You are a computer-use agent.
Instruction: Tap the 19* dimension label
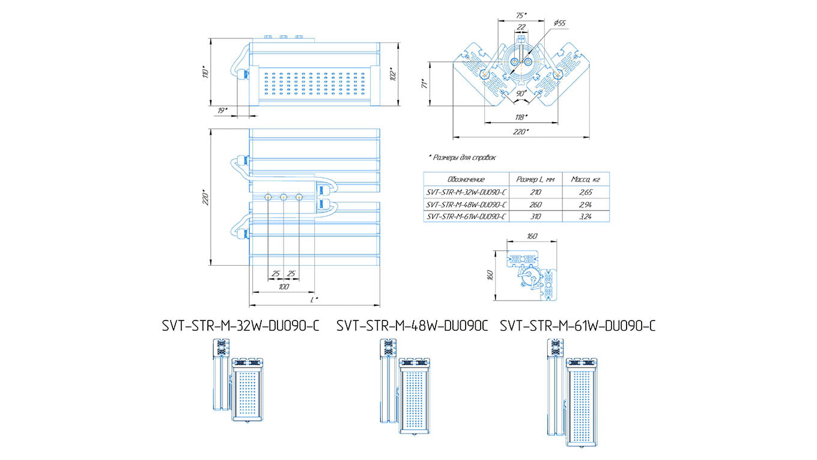[x=222, y=111]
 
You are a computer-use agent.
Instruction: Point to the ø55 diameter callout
[x=559, y=23]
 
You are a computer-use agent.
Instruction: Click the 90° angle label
[x=521, y=94]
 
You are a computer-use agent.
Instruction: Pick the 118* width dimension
[x=521, y=117]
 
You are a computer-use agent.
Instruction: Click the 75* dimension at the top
[x=521, y=14]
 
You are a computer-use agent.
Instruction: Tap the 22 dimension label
[x=521, y=26]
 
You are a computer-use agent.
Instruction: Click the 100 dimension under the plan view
[x=284, y=287]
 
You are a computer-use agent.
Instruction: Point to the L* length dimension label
[x=314, y=299]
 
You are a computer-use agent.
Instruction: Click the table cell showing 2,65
[x=586, y=192]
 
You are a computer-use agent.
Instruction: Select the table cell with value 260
[x=535, y=204]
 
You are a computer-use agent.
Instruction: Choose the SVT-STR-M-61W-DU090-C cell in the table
[x=466, y=216]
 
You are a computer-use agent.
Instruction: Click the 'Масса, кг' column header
[x=586, y=179]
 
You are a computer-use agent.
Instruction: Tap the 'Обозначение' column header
[x=466, y=179]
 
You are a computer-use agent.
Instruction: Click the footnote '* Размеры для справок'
[x=463, y=157]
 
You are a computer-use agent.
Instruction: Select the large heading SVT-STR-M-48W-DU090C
[x=413, y=326]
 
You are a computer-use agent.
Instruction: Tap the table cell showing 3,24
[x=586, y=216]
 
